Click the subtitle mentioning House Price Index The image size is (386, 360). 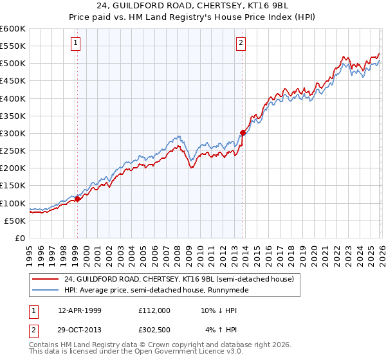(192, 18)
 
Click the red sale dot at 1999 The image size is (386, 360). (77, 199)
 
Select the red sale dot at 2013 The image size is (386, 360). (243, 132)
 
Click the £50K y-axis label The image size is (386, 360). (15, 221)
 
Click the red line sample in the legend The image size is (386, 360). (46, 279)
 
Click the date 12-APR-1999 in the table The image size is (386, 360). (80, 310)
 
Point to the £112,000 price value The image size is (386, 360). (154, 310)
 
